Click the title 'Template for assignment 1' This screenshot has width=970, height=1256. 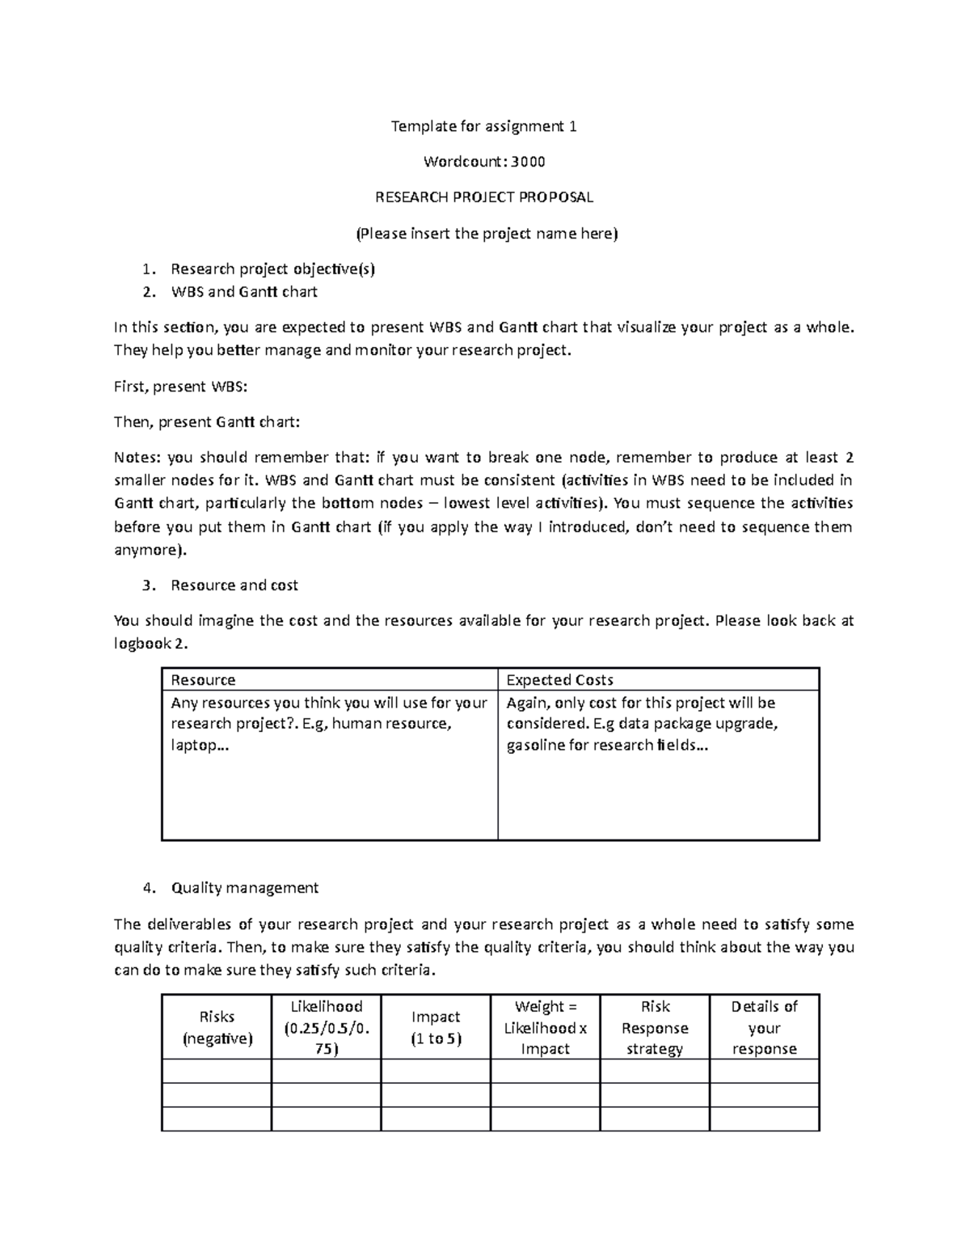pyautogui.click(x=483, y=126)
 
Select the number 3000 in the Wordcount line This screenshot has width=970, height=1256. pyautogui.click(x=529, y=162)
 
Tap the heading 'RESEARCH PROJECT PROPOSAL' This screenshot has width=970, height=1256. pyautogui.click(x=483, y=197)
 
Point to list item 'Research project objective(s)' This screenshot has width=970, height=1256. pyautogui.click(x=272, y=269)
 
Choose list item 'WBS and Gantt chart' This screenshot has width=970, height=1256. pyautogui.click(x=243, y=292)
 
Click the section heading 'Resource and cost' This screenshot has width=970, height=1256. pyautogui.click(x=234, y=586)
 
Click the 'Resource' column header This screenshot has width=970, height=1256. pyautogui.click(x=203, y=680)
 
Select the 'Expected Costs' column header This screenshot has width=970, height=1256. pyautogui.click(x=559, y=680)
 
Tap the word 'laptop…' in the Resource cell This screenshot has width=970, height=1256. pyautogui.click(x=200, y=745)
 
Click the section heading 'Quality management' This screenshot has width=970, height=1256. pyautogui.click(x=244, y=888)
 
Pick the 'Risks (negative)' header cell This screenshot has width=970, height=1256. pyautogui.click(x=217, y=1027)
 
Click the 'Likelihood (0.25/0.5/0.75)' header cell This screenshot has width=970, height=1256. pyautogui.click(x=326, y=1027)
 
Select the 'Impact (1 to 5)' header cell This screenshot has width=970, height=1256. pyautogui.click(x=436, y=1027)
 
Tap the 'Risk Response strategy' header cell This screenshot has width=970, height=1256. pyautogui.click(x=655, y=1027)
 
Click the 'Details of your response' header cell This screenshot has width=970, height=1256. pyautogui.click(x=764, y=1027)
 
